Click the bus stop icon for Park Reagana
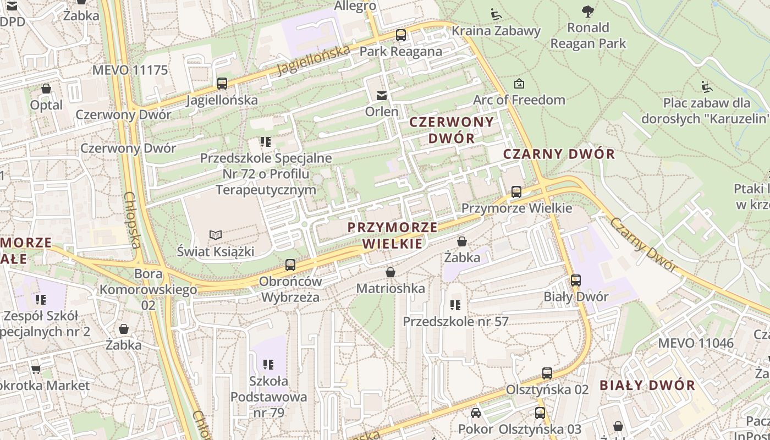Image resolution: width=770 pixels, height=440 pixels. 401,36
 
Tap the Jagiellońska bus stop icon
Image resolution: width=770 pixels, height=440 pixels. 222,84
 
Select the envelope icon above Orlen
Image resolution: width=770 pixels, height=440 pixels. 381,96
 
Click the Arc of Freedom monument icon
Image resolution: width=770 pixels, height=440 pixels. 519,84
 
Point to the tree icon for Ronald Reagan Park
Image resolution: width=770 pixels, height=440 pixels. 588,10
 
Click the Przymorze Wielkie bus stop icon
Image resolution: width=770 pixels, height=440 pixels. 516,192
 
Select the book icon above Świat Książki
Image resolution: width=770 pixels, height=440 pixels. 216,235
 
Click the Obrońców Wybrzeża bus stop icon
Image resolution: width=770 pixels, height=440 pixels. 290,265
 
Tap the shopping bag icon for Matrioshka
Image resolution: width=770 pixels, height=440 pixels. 391,272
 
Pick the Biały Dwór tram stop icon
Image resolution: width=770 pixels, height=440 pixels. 576,280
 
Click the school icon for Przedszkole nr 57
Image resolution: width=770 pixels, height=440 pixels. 455,305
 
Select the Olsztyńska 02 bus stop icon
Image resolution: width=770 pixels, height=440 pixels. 547,373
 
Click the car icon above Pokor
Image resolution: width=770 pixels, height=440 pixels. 476,413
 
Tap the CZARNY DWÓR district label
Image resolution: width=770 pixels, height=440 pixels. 559,154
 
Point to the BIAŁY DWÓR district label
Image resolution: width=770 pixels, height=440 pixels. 647,385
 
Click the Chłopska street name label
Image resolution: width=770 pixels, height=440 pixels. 133,219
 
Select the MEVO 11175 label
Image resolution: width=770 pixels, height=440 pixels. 130,70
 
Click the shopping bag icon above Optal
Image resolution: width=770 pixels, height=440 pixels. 46,89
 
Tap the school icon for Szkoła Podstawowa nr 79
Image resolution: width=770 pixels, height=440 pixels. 268,364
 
